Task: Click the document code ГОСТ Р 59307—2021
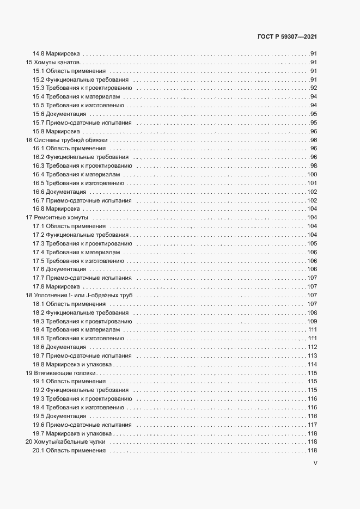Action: [286, 37]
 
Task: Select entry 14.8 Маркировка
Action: [57, 54]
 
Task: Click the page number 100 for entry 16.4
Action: [312, 174]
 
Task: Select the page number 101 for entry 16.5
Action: [312, 183]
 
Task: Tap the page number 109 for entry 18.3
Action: [312, 321]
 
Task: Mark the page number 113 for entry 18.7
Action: [312, 355]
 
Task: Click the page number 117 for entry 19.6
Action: [312, 425]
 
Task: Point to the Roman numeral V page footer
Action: [315, 463]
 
